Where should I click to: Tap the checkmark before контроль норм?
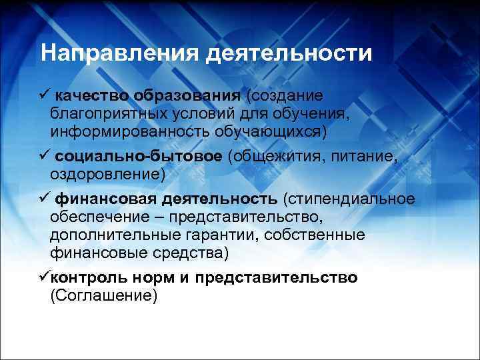click(x=44, y=277)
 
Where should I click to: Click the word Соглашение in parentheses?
click(x=103, y=295)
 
